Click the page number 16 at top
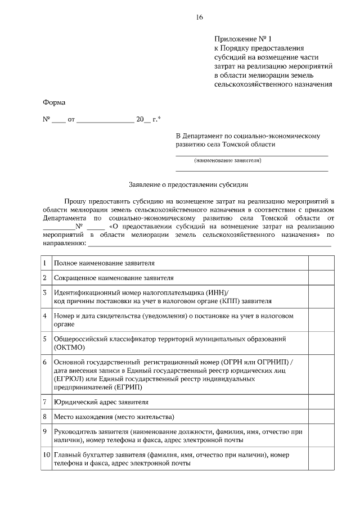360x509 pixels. pos(199,17)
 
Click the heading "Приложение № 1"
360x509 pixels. pos(242,39)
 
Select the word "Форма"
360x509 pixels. pos(54,102)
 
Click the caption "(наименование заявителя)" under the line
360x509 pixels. pos(228,161)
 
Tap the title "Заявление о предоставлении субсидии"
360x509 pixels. pos(188,183)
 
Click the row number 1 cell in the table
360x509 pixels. pos(45,263)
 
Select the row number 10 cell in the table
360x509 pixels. pos(45,458)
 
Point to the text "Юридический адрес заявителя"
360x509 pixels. pos(101,402)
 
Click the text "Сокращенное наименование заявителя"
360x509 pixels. pos(114,277)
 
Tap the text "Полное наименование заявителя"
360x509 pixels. pos(104,263)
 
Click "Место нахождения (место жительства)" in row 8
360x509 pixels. pos(114,417)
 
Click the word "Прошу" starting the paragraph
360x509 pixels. pos(74,200)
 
